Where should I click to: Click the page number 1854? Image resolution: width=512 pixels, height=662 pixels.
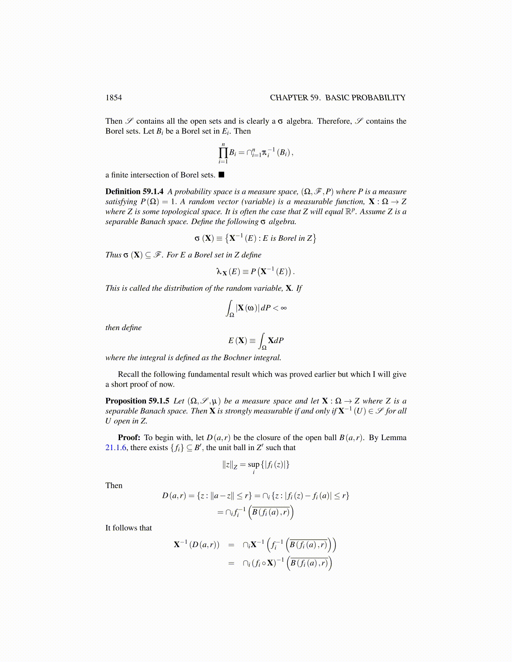pos(113,98)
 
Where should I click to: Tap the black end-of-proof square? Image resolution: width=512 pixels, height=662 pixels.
pos(221,174)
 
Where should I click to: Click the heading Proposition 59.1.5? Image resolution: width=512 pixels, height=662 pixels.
pos(137,401)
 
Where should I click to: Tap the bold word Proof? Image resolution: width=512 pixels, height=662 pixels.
pos(129,438)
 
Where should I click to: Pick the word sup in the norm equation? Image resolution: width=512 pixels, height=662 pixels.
pos(253,464)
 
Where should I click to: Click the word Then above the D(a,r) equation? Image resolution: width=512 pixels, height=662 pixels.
pos(114,485)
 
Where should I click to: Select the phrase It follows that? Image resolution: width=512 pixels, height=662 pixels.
pos(128,528)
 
